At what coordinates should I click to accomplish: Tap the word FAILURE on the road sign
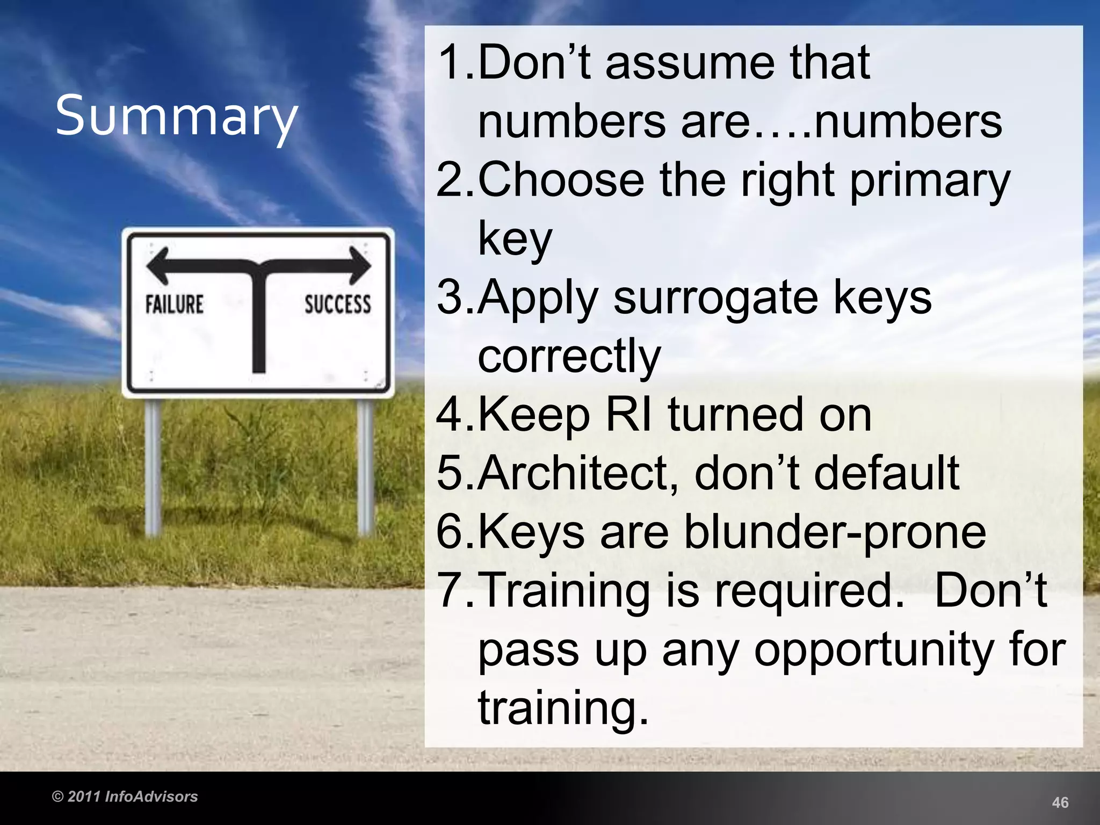[x=175, y=304]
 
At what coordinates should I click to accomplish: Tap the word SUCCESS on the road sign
[x=338, y=304]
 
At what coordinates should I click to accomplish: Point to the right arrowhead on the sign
[x=360, y=265]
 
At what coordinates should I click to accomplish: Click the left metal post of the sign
[x=153, y=467]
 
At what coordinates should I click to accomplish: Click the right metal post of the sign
[x=365, y=467]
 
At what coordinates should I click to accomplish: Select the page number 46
[x=1060, y=802]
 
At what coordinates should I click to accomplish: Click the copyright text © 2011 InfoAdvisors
[x=125, y=797]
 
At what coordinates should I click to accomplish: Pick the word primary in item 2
[x=930, y=182]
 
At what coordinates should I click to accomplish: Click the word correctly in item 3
[x=569, y=357]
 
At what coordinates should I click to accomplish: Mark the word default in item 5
[x=886, y=473]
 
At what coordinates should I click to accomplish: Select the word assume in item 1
[x=690, y=63]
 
